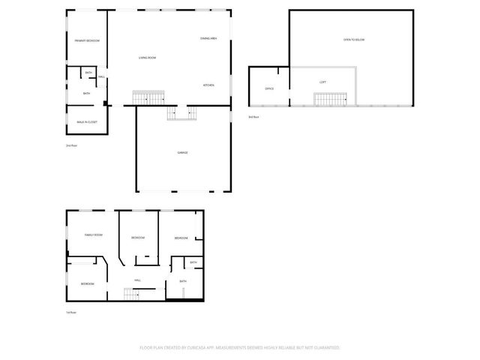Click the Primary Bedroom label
pyautogui.click(x=87, y=40)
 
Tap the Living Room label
pyautogui.click(x=147, y=58)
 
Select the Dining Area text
pyautogui.click(x=208, y=38)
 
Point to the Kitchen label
pyautogui.click(x=208, y=85)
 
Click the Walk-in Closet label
pyautogui.click(x=87, y=121)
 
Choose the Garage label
pyautogui.click(x=182, y=152)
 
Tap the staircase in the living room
pyautogui.click(x=148, y=98)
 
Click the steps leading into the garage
pyautogui.click(x=181, y=112)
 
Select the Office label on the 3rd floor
pyautogui.click(x=269, y=88)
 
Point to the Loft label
pyautogui.click(x=322, y=82)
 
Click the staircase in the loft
pyautogui.click(x=328, y=99)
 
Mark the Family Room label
pyautogui.click(x=93, y=235)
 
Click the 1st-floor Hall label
pyautogui.click(x=138, y=280)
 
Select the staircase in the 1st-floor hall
pyautogui.click(x=133, y=294)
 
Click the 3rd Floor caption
pyautogui.click(x=253, y=117)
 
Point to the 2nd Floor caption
pyautogui.click(x=71, y=145)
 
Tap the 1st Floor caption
pyautogui.click(x=71, y=312)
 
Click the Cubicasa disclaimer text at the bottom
pyautogui.click(x=240, y=347)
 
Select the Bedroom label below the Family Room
pyautogui.click(x=88, y=283)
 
